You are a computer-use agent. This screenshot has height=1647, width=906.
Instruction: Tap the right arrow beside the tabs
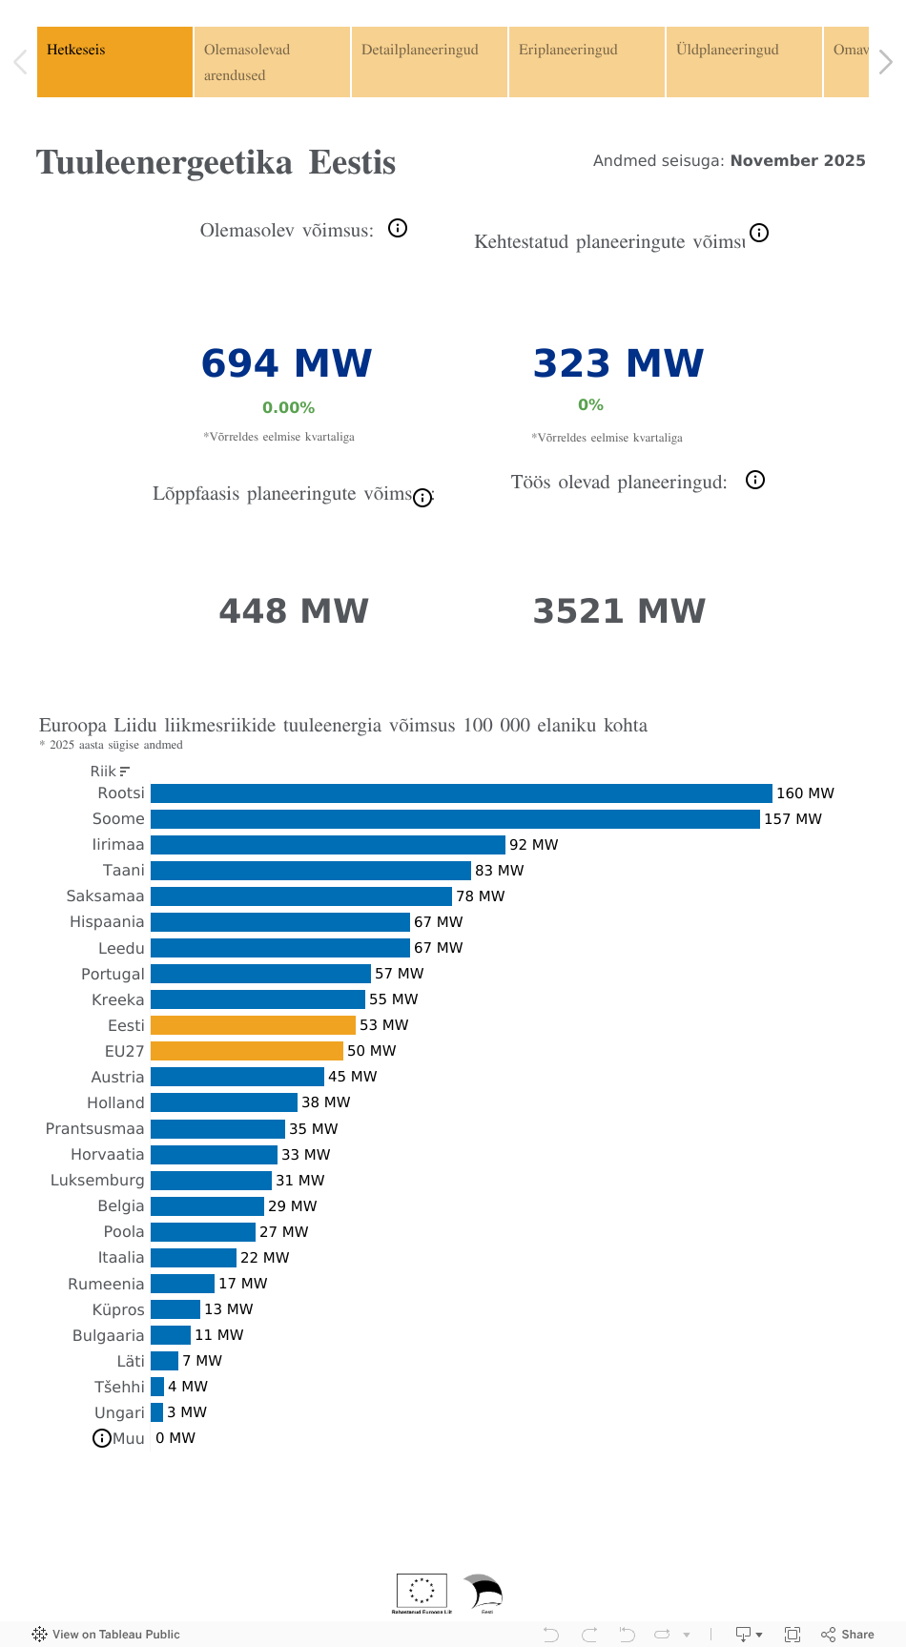coord(886,63)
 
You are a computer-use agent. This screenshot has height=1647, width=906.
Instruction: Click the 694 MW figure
coord(286,363)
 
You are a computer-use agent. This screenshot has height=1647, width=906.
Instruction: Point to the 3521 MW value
coord(619,611)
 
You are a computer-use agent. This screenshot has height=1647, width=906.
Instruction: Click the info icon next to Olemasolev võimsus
coord(398,228)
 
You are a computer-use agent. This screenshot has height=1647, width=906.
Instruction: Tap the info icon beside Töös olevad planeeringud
coord(755,480)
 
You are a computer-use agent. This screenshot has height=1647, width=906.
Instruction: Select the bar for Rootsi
coord(461,793)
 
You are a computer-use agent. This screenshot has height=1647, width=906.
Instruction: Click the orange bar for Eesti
coord(253,1025)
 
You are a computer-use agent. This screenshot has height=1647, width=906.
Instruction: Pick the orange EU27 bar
coord(246,1051)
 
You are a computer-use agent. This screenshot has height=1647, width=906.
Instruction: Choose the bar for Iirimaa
coord(327,845)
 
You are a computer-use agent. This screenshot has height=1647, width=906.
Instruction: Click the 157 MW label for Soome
coord(793,819)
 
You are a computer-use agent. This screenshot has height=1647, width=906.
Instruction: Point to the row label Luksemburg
coord(97,1181)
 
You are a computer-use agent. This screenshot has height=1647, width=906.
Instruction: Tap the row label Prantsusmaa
coord(94,1129)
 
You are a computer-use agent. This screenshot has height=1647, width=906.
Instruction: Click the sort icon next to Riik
coord(125,772)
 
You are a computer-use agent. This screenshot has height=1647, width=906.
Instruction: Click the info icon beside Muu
coord(101,1438)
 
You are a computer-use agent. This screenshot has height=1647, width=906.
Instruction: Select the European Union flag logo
coord(422,1590)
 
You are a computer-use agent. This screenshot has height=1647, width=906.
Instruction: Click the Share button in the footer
coord(848,1635)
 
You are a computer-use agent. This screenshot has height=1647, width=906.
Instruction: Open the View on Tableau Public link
coord(106,1635)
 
